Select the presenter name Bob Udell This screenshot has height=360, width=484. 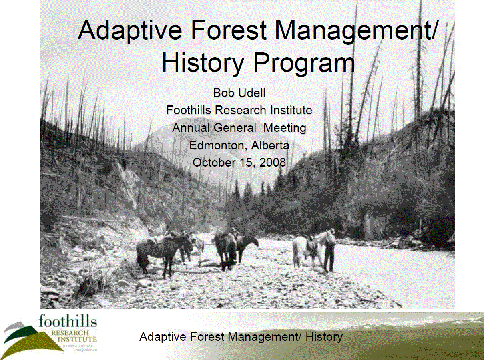click(239, 93)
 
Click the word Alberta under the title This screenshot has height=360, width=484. click(270, 145)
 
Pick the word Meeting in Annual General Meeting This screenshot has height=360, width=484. click(285, 128)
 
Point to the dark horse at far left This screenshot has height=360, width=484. click(160, 251)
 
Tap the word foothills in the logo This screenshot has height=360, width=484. click(68, 321)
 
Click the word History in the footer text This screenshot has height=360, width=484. click(324, 337)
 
